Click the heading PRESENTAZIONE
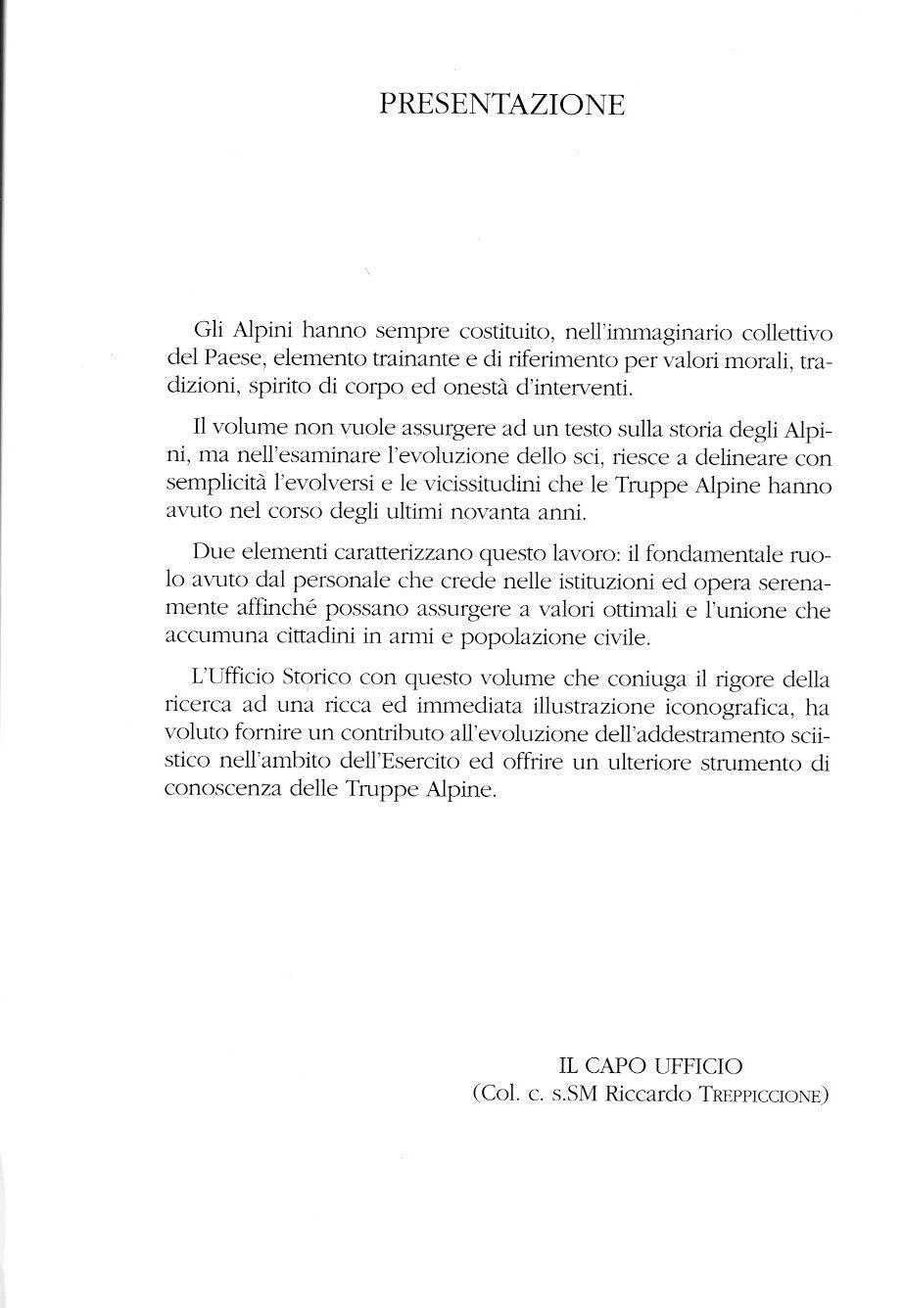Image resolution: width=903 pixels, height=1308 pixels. pos(501,104)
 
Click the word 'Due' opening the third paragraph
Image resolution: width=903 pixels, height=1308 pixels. pos(214,553)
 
